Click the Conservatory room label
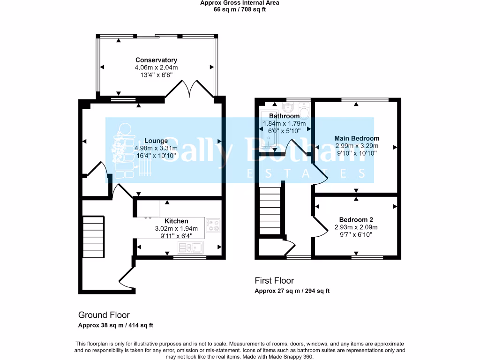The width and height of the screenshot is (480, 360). [x=156, y=60]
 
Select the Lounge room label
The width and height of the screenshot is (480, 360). [x=156, y=141]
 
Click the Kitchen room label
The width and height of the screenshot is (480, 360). [x=176, y=221]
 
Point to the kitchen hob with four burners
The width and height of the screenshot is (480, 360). [x=212, y=225]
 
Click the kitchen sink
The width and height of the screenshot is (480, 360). [x=190, y=247]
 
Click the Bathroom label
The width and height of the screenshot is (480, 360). [x=284, y=116]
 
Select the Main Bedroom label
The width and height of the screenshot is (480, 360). [x=357, y=138]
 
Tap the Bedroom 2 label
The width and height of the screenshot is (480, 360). [x=356, y=219]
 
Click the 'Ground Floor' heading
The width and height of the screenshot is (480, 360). [x=104, y=315]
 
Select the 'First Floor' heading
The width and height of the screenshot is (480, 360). [x=274, y=280]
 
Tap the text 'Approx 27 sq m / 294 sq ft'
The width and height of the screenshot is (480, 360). [x=292, y=291]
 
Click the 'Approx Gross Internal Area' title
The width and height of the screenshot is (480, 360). [x=240, y=3]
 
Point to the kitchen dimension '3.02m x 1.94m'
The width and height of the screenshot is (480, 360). [x=176, y=228]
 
